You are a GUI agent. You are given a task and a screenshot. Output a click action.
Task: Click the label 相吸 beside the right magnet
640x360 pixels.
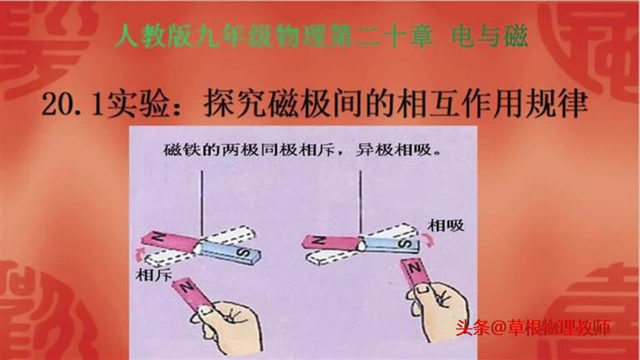tap(447, 224)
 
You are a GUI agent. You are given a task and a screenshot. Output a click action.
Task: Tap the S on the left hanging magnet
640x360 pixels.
tap(245, 253)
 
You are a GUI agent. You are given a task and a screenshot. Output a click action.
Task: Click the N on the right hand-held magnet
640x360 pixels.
tap(417, 267)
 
